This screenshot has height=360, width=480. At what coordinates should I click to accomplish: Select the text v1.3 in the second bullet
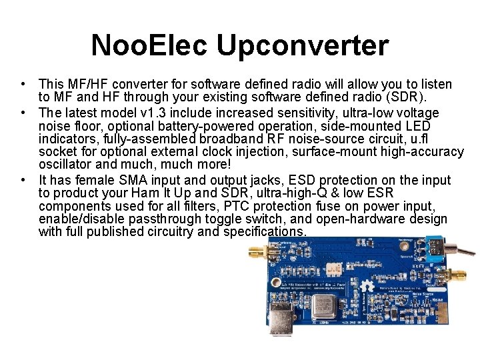click(165, 113)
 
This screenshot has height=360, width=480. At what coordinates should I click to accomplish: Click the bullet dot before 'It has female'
click(23, 180)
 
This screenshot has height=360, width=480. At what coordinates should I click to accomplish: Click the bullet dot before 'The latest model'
click(23, 113)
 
